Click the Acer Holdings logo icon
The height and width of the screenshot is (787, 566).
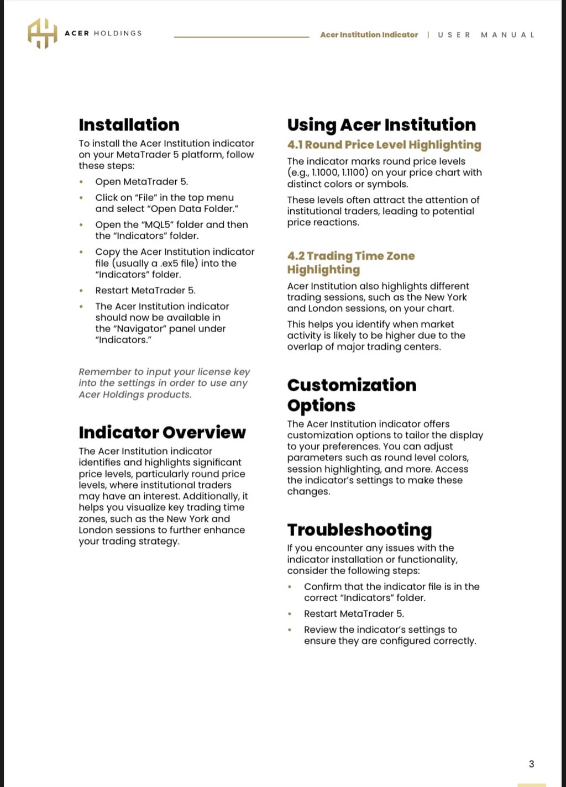pyautogui.click(x=42, y=33)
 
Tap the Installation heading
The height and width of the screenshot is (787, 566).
pyautogui.click(x=129, y=125)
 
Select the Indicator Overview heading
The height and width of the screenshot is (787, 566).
pyautogui.click(x=162, y=432)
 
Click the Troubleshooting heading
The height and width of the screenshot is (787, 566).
pyautogui.click(x=359, y=530)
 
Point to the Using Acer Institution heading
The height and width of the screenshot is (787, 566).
pyautogui.click(x=381, y=125)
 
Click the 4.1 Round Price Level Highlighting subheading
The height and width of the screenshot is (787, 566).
pyautogui.click(x=384, y=145)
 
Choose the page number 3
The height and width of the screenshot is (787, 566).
pyautogui.click(x=531, y=764)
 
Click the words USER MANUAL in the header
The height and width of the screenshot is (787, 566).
pyautogui.click(x=486, y=35)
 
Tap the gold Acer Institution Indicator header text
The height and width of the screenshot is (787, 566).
pyautogui.click(x=369, y=35)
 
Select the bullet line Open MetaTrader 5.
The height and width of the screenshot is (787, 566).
pyautogui.click(x=141, y=182)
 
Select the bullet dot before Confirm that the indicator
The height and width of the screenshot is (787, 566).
pyautogui.click(x=290, y=587)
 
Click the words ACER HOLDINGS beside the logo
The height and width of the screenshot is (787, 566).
pyautogui.click(x=103, y=33)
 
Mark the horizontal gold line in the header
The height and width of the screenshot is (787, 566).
pyautogui.click(x=242, y=37)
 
